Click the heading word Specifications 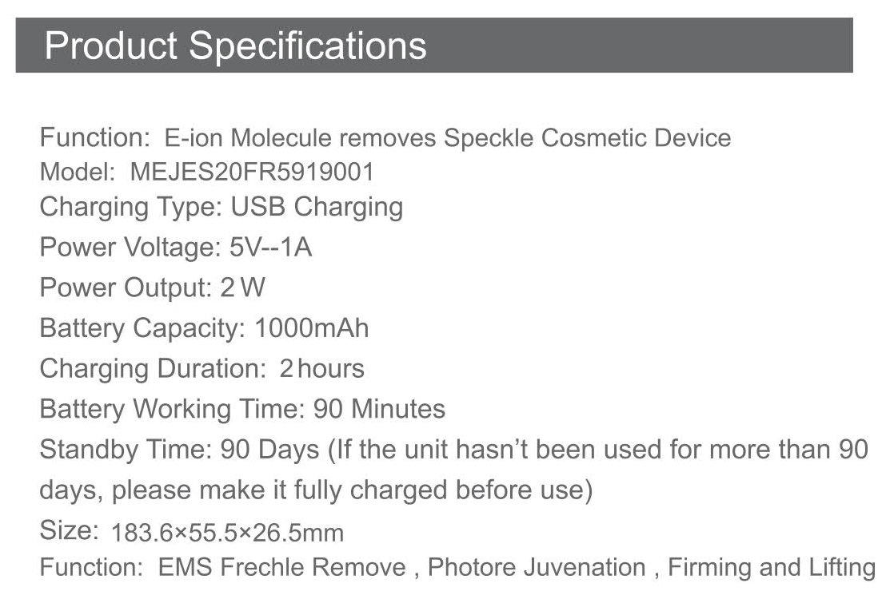(307, 46)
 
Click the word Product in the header (111, 45)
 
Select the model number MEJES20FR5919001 (252, 172)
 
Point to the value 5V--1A (271, 247)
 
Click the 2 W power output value (243, 288)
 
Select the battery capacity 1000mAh (312, 328)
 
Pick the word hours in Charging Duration (331, 368)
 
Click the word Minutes (398, 409)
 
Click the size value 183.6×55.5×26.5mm (227, 533)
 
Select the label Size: (70, 530)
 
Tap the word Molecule (281, 138)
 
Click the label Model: (78, 172)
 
